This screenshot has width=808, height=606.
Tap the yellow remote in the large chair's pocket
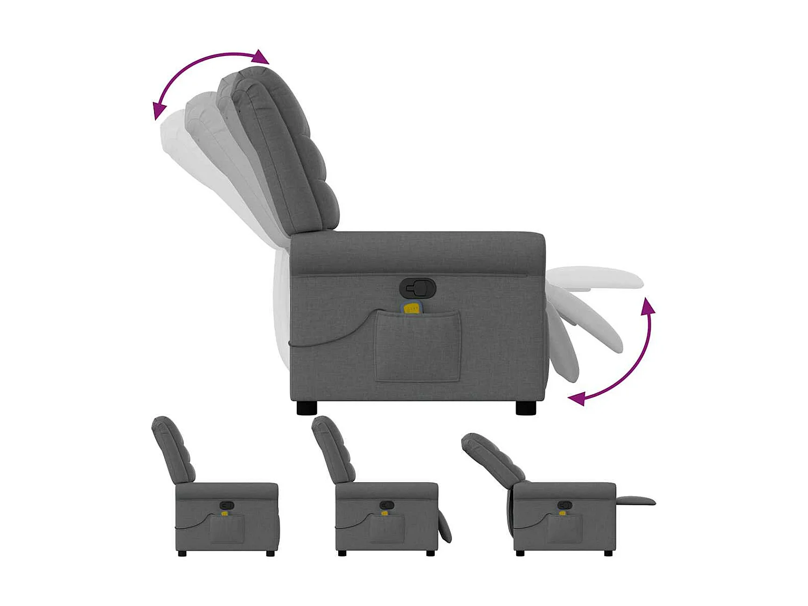[412, 309]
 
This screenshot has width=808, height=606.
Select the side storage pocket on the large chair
[418, 347]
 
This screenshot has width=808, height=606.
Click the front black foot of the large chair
[526, 408]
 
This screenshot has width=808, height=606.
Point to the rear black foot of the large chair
[307, 408]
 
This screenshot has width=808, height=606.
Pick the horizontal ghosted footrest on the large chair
[598, 277]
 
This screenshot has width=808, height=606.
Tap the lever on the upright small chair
[227, 506]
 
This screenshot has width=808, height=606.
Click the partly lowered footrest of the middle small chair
[444, 527]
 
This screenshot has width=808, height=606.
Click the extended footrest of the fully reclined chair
[636, 501]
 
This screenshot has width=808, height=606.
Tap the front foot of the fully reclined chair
[608, 553]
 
